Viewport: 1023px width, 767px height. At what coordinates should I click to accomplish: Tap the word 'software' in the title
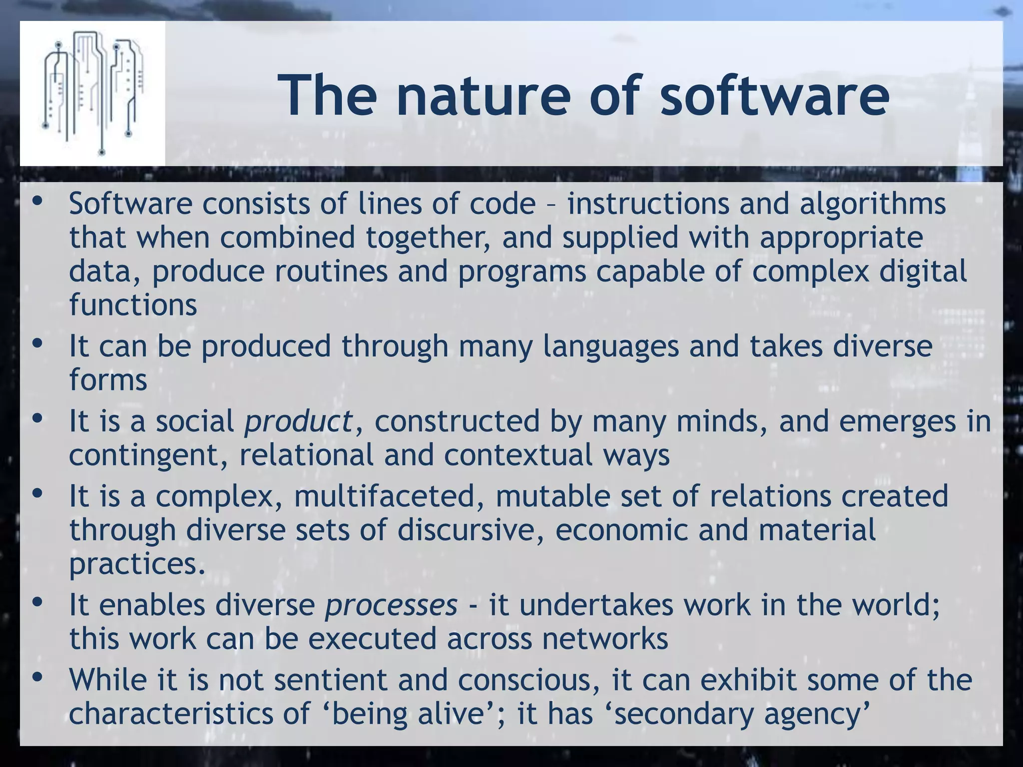(774, 95)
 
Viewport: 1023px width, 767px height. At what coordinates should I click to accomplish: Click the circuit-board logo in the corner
(93, 93)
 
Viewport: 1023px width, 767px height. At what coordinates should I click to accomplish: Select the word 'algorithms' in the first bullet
(873, 205)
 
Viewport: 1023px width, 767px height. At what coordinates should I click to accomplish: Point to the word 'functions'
(133, 305)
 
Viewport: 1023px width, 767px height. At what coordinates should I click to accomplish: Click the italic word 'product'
(298, 421)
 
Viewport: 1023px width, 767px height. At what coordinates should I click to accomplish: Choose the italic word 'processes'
(391, 605)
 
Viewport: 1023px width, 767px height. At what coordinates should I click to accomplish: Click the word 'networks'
(605, 639)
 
